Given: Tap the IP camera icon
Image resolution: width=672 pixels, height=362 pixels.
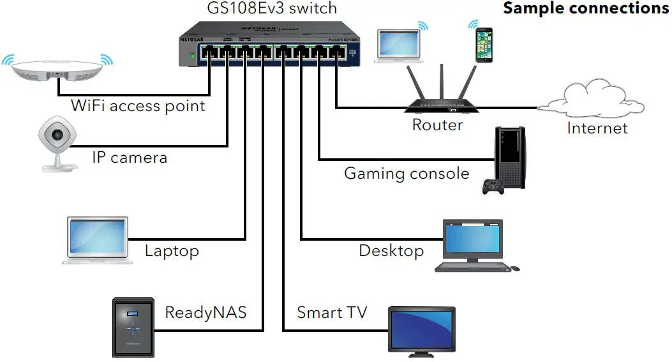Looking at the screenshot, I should pyautogui.click(x=57, y=143).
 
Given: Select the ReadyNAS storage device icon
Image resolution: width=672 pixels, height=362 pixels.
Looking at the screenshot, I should pyautogui.click(x=133, y=326).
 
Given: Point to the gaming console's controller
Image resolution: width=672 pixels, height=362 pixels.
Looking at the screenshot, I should pyautogui.click(x=493, y=186).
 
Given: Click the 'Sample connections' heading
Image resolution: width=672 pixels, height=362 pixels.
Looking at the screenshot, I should pyautogui.click(x=586, y=8).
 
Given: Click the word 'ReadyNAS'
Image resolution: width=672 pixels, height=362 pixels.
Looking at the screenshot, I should pyautogui.click(x=205, y=312).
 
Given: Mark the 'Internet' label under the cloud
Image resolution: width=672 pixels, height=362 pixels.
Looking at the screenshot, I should pyautogui.click(x=597, y=128).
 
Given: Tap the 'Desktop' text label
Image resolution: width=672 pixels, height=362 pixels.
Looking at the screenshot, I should pyautogui.click(x=391, y=250).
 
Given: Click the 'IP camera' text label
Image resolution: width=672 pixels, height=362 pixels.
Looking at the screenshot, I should pyautogui.click(x=130, y=157).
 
